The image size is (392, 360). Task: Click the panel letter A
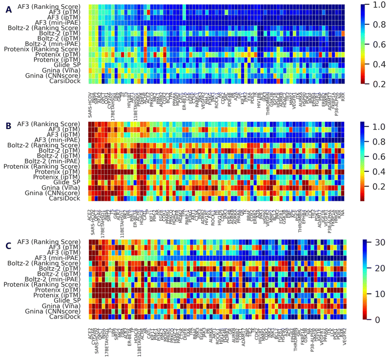(8, 9)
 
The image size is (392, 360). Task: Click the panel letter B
(8, 127)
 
